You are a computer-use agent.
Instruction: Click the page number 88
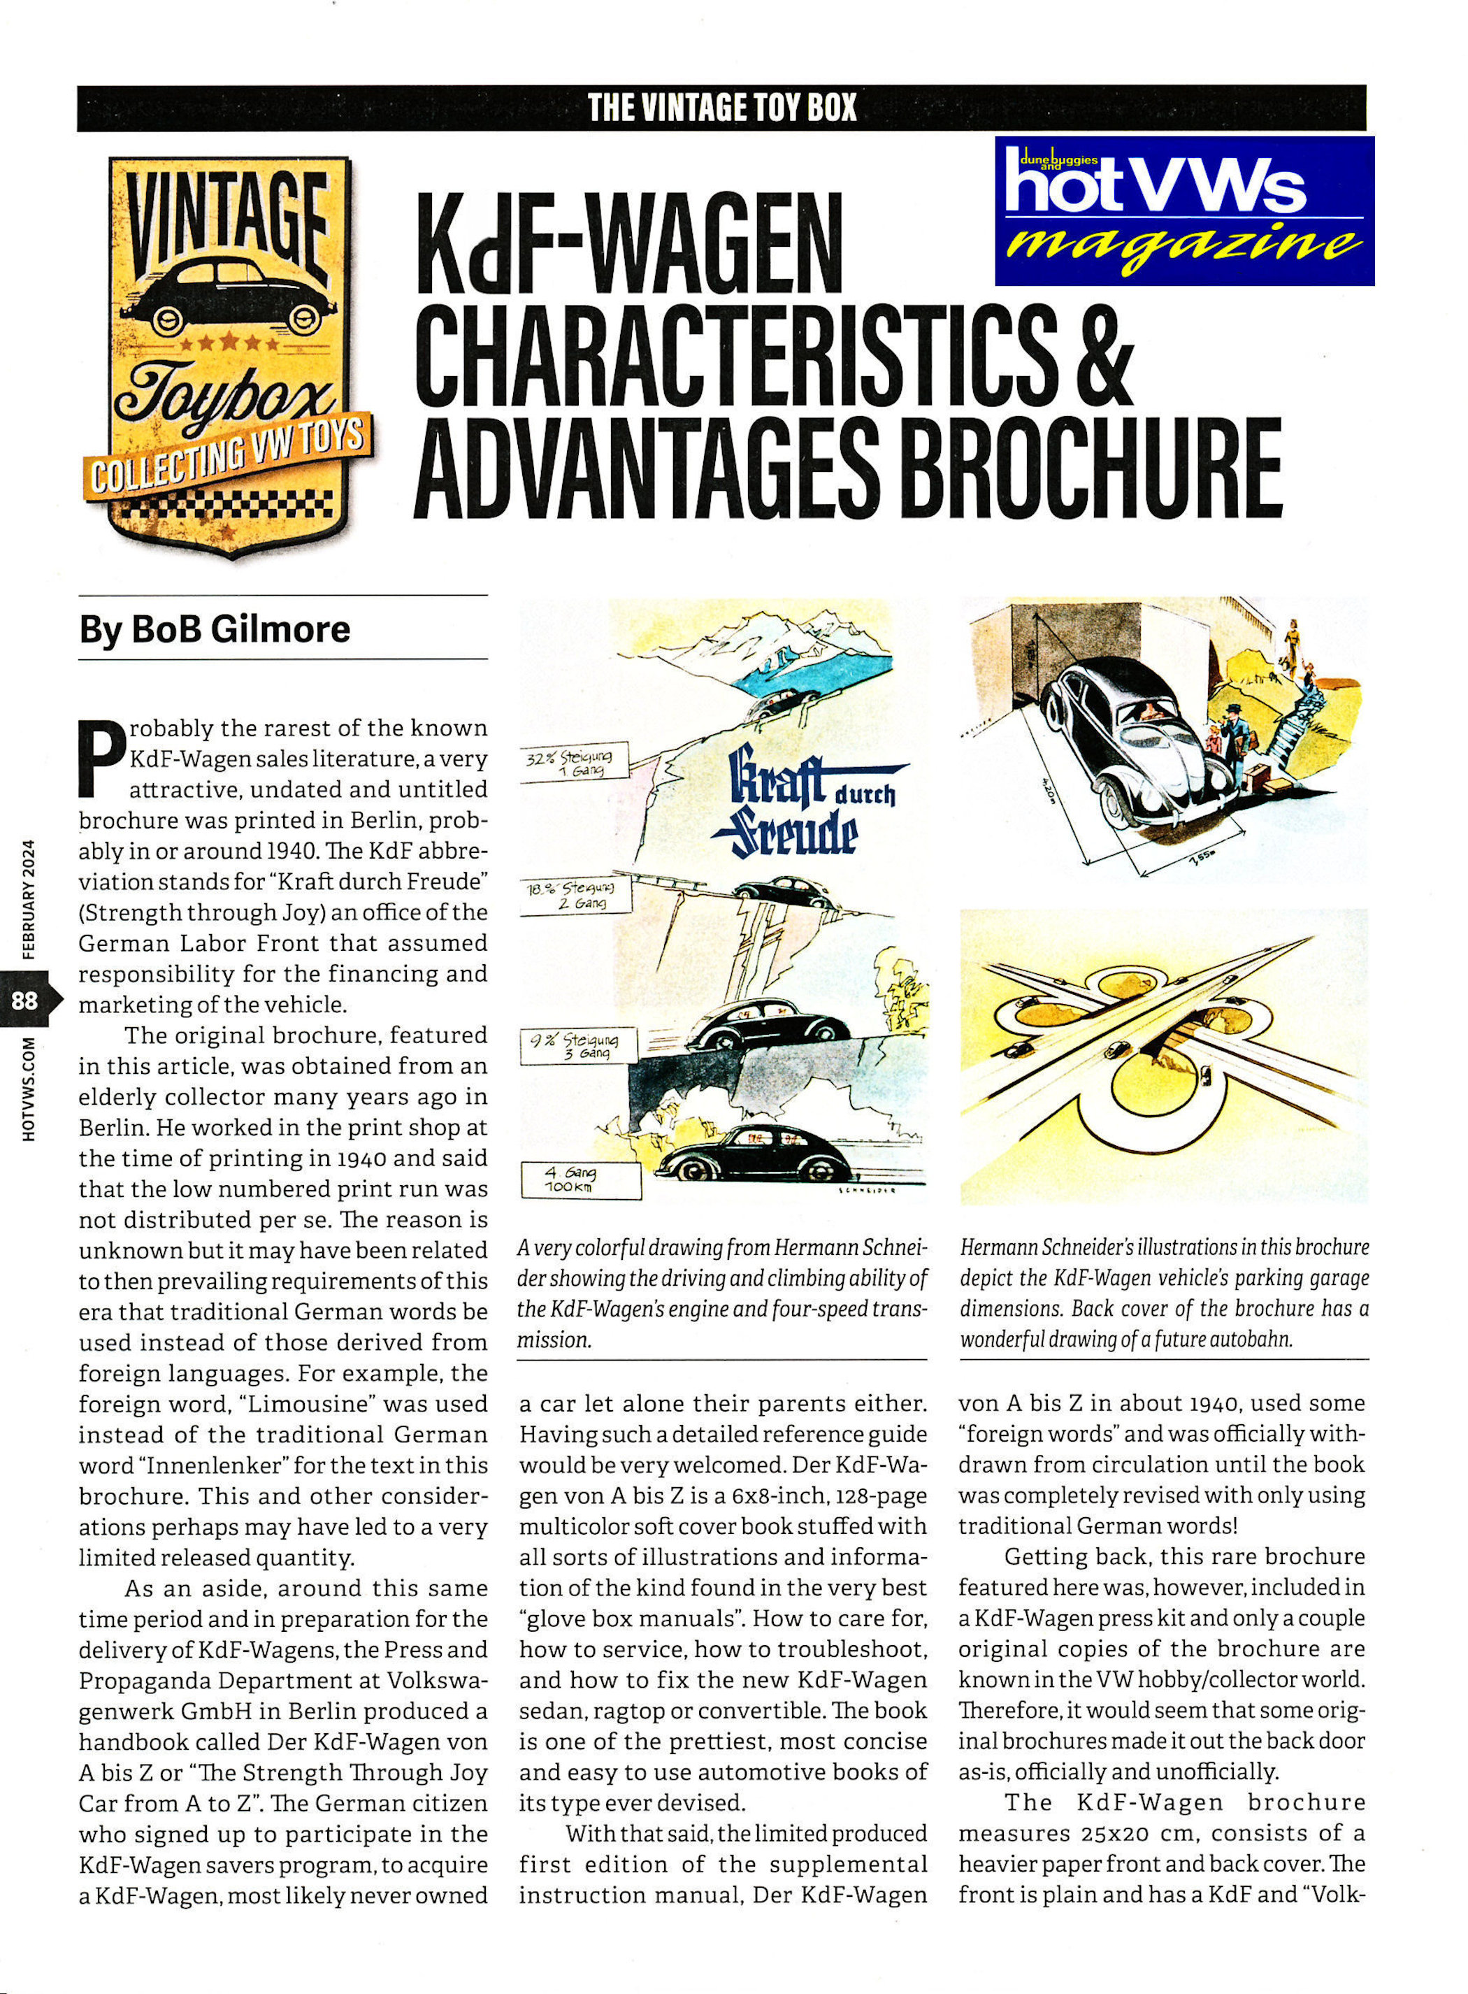point(25,1000)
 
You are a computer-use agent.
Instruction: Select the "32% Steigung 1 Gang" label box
point(573,761)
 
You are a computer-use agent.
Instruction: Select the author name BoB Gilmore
point(215,629)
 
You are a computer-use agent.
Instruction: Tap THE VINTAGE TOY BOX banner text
point(721,108)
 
